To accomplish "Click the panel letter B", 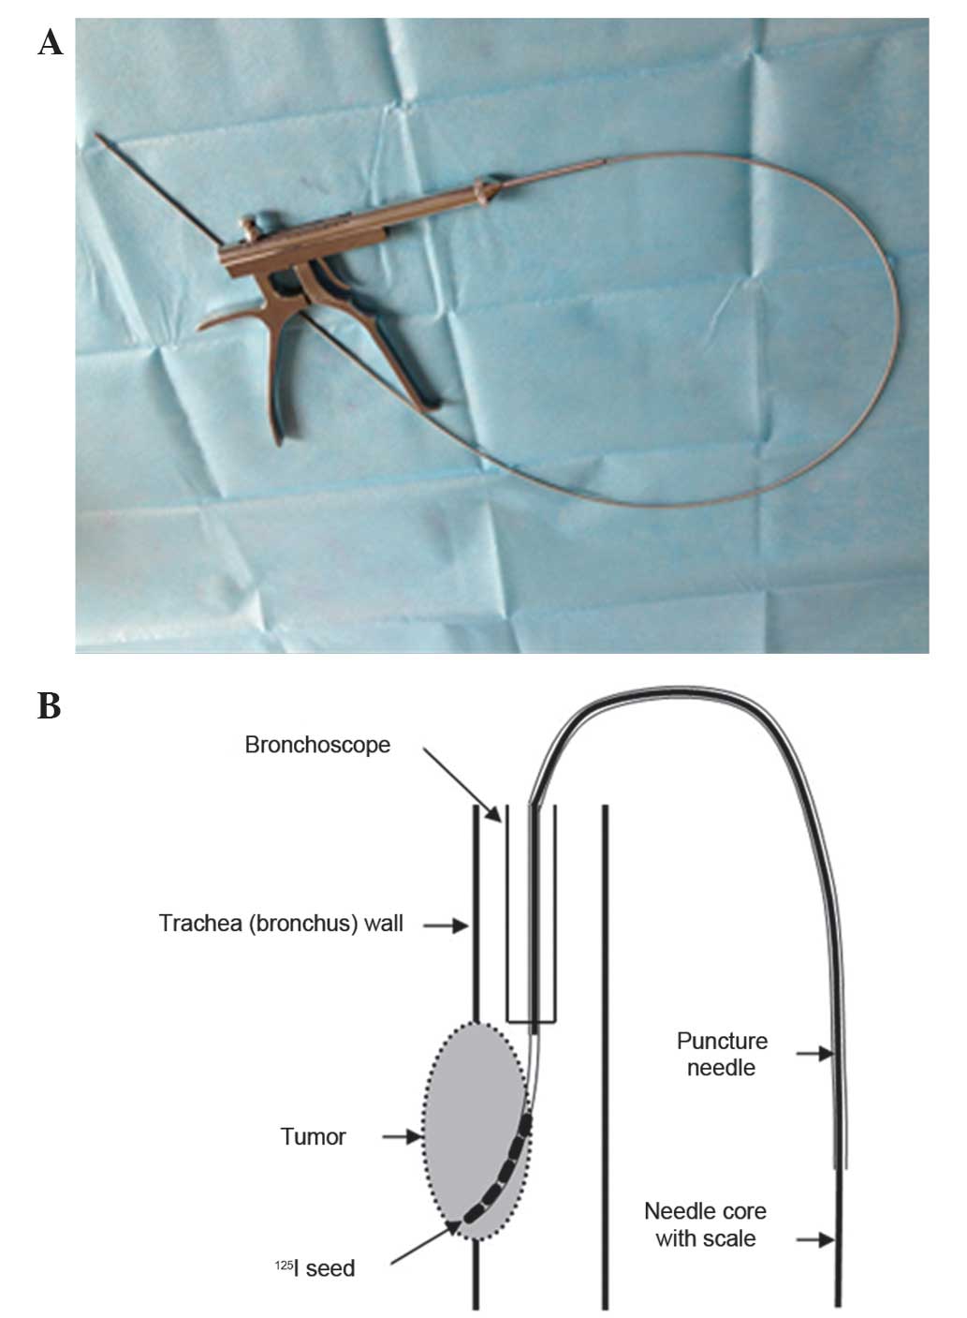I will [49, 705].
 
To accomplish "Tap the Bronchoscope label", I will [317, 746].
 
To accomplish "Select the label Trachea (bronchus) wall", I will [281, 924].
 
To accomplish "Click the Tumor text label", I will [313, 1137].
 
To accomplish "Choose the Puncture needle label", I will [722, 1054].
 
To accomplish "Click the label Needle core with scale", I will [705, 1224].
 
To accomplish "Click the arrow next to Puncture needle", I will [814, 1054].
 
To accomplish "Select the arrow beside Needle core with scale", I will [814, 1240].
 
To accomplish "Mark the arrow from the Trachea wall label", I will [446, 926].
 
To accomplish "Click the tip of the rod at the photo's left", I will [98, 137].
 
